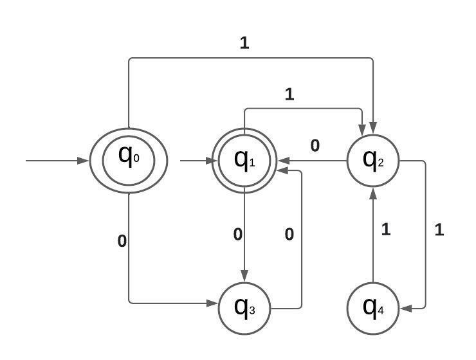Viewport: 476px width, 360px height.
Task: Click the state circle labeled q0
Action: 128,160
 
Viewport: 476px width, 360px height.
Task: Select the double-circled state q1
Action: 244,160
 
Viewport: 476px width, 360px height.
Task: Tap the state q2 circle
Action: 373,160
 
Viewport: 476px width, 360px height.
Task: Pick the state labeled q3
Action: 244,308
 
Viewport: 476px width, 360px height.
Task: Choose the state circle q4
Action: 373,308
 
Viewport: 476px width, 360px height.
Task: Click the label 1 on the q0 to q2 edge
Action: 244,43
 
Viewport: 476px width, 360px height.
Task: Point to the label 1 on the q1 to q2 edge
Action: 289,94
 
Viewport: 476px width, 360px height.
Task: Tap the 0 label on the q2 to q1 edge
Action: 315,146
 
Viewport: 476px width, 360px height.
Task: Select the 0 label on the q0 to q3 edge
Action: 122,241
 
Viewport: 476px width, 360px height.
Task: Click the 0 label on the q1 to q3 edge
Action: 237,234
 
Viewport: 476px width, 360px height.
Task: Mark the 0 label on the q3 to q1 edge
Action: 289,234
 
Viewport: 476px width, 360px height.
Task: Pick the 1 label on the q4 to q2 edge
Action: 386,230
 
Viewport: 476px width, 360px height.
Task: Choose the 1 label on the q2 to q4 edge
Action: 439,230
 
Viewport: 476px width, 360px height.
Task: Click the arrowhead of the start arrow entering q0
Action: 82,160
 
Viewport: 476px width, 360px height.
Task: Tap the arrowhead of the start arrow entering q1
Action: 208,160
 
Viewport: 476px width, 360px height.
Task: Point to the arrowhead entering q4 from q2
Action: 405,309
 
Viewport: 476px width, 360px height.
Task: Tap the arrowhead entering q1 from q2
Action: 282,161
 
